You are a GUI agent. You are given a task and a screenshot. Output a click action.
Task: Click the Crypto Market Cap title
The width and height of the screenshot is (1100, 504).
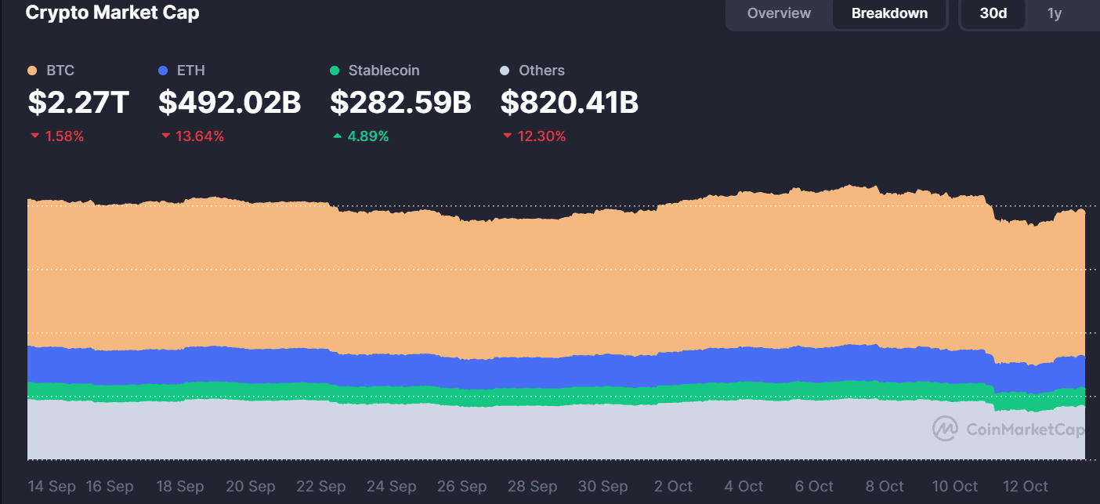pos(112,13)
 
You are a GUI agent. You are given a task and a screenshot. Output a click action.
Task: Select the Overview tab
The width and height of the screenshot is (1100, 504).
pos(779,13)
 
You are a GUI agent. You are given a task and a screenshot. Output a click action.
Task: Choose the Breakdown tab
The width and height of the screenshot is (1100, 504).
pos(889,13)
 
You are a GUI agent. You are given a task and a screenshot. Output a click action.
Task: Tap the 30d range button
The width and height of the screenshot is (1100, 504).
pos(993,13)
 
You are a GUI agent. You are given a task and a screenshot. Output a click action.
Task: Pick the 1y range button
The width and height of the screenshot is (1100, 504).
pos(1055,13)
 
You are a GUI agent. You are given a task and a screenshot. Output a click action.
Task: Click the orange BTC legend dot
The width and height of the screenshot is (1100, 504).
pos(33,71)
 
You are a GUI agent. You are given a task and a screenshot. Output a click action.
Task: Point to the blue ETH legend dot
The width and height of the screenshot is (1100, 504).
pos(163,71)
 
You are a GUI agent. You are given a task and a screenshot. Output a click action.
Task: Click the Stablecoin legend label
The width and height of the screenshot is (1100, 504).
pos(384,71)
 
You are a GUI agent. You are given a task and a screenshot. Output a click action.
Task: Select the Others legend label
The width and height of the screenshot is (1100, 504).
pos(541,71)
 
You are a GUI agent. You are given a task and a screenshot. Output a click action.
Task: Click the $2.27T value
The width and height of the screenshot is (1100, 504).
pos(78,103)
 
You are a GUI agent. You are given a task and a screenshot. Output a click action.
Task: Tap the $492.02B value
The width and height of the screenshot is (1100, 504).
pos(230,103)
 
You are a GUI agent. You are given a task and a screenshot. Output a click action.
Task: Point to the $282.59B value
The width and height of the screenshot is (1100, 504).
pos(400,103)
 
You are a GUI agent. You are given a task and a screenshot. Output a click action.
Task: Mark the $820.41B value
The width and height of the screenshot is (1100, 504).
pos(569,103)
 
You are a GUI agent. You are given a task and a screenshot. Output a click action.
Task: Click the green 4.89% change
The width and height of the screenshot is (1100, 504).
pos(367,136)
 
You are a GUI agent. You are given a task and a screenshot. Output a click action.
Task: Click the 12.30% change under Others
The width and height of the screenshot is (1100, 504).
pos(541,136)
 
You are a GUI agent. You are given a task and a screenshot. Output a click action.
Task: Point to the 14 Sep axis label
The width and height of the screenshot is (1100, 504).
pos(52,486)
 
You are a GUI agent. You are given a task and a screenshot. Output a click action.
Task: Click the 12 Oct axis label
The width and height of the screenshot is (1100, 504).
pos(1025,486)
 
